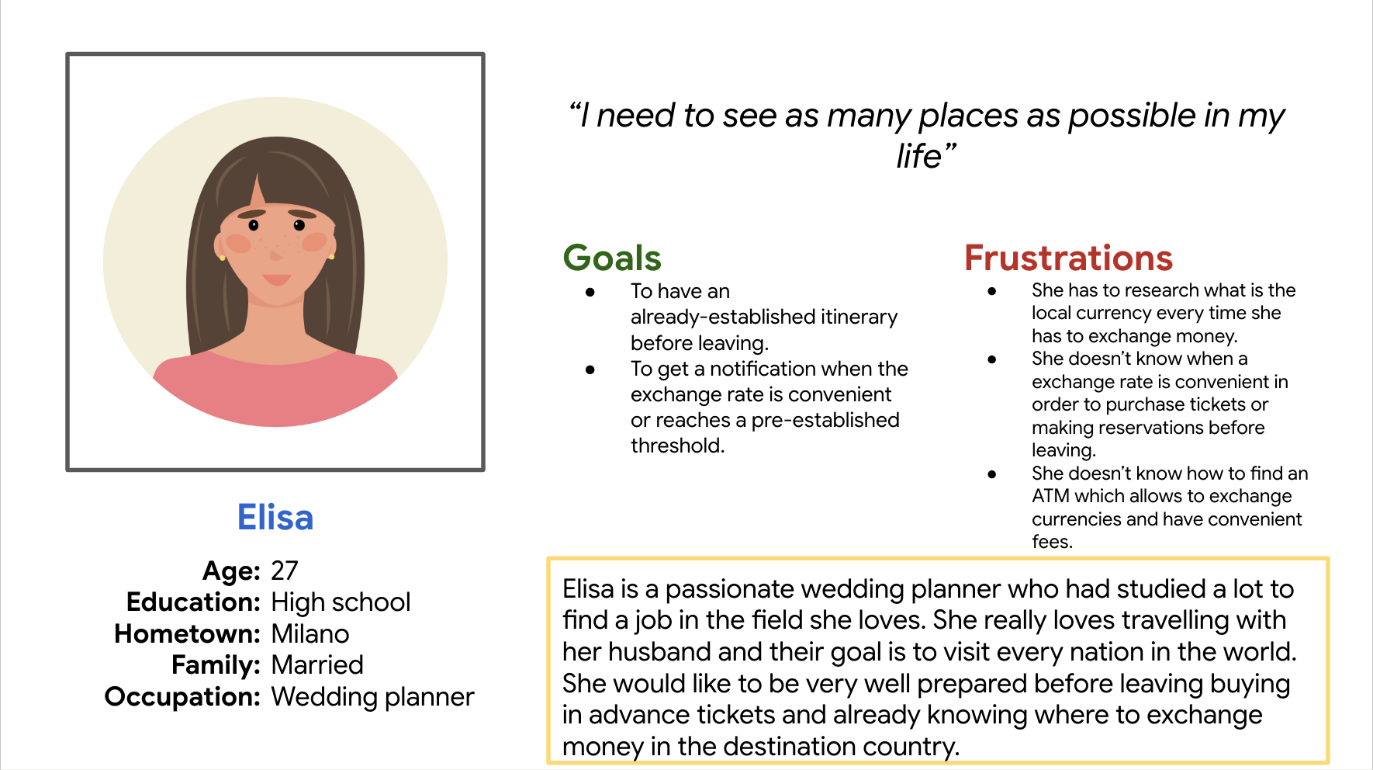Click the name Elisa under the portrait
275,517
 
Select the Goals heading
612,258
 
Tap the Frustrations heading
1068,258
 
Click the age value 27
285,571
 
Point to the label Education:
193,602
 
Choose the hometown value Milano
310,634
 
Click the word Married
317,665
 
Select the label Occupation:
182,697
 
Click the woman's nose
276,253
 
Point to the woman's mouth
276,279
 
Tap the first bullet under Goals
590,292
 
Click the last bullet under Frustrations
991,474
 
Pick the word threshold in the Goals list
677,446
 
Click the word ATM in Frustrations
1050,496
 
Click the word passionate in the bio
730,589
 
